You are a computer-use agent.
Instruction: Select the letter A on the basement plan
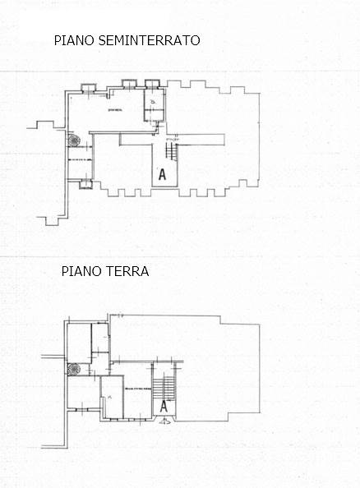coord(162,174)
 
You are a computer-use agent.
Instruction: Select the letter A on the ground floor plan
coord(164,405)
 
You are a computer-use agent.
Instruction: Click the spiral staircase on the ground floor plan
coord(74,369)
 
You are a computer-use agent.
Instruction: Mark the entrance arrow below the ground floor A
coord(164,422)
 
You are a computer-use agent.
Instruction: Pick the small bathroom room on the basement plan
coord(155,101)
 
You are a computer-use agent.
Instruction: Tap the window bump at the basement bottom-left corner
coord(86,185)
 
